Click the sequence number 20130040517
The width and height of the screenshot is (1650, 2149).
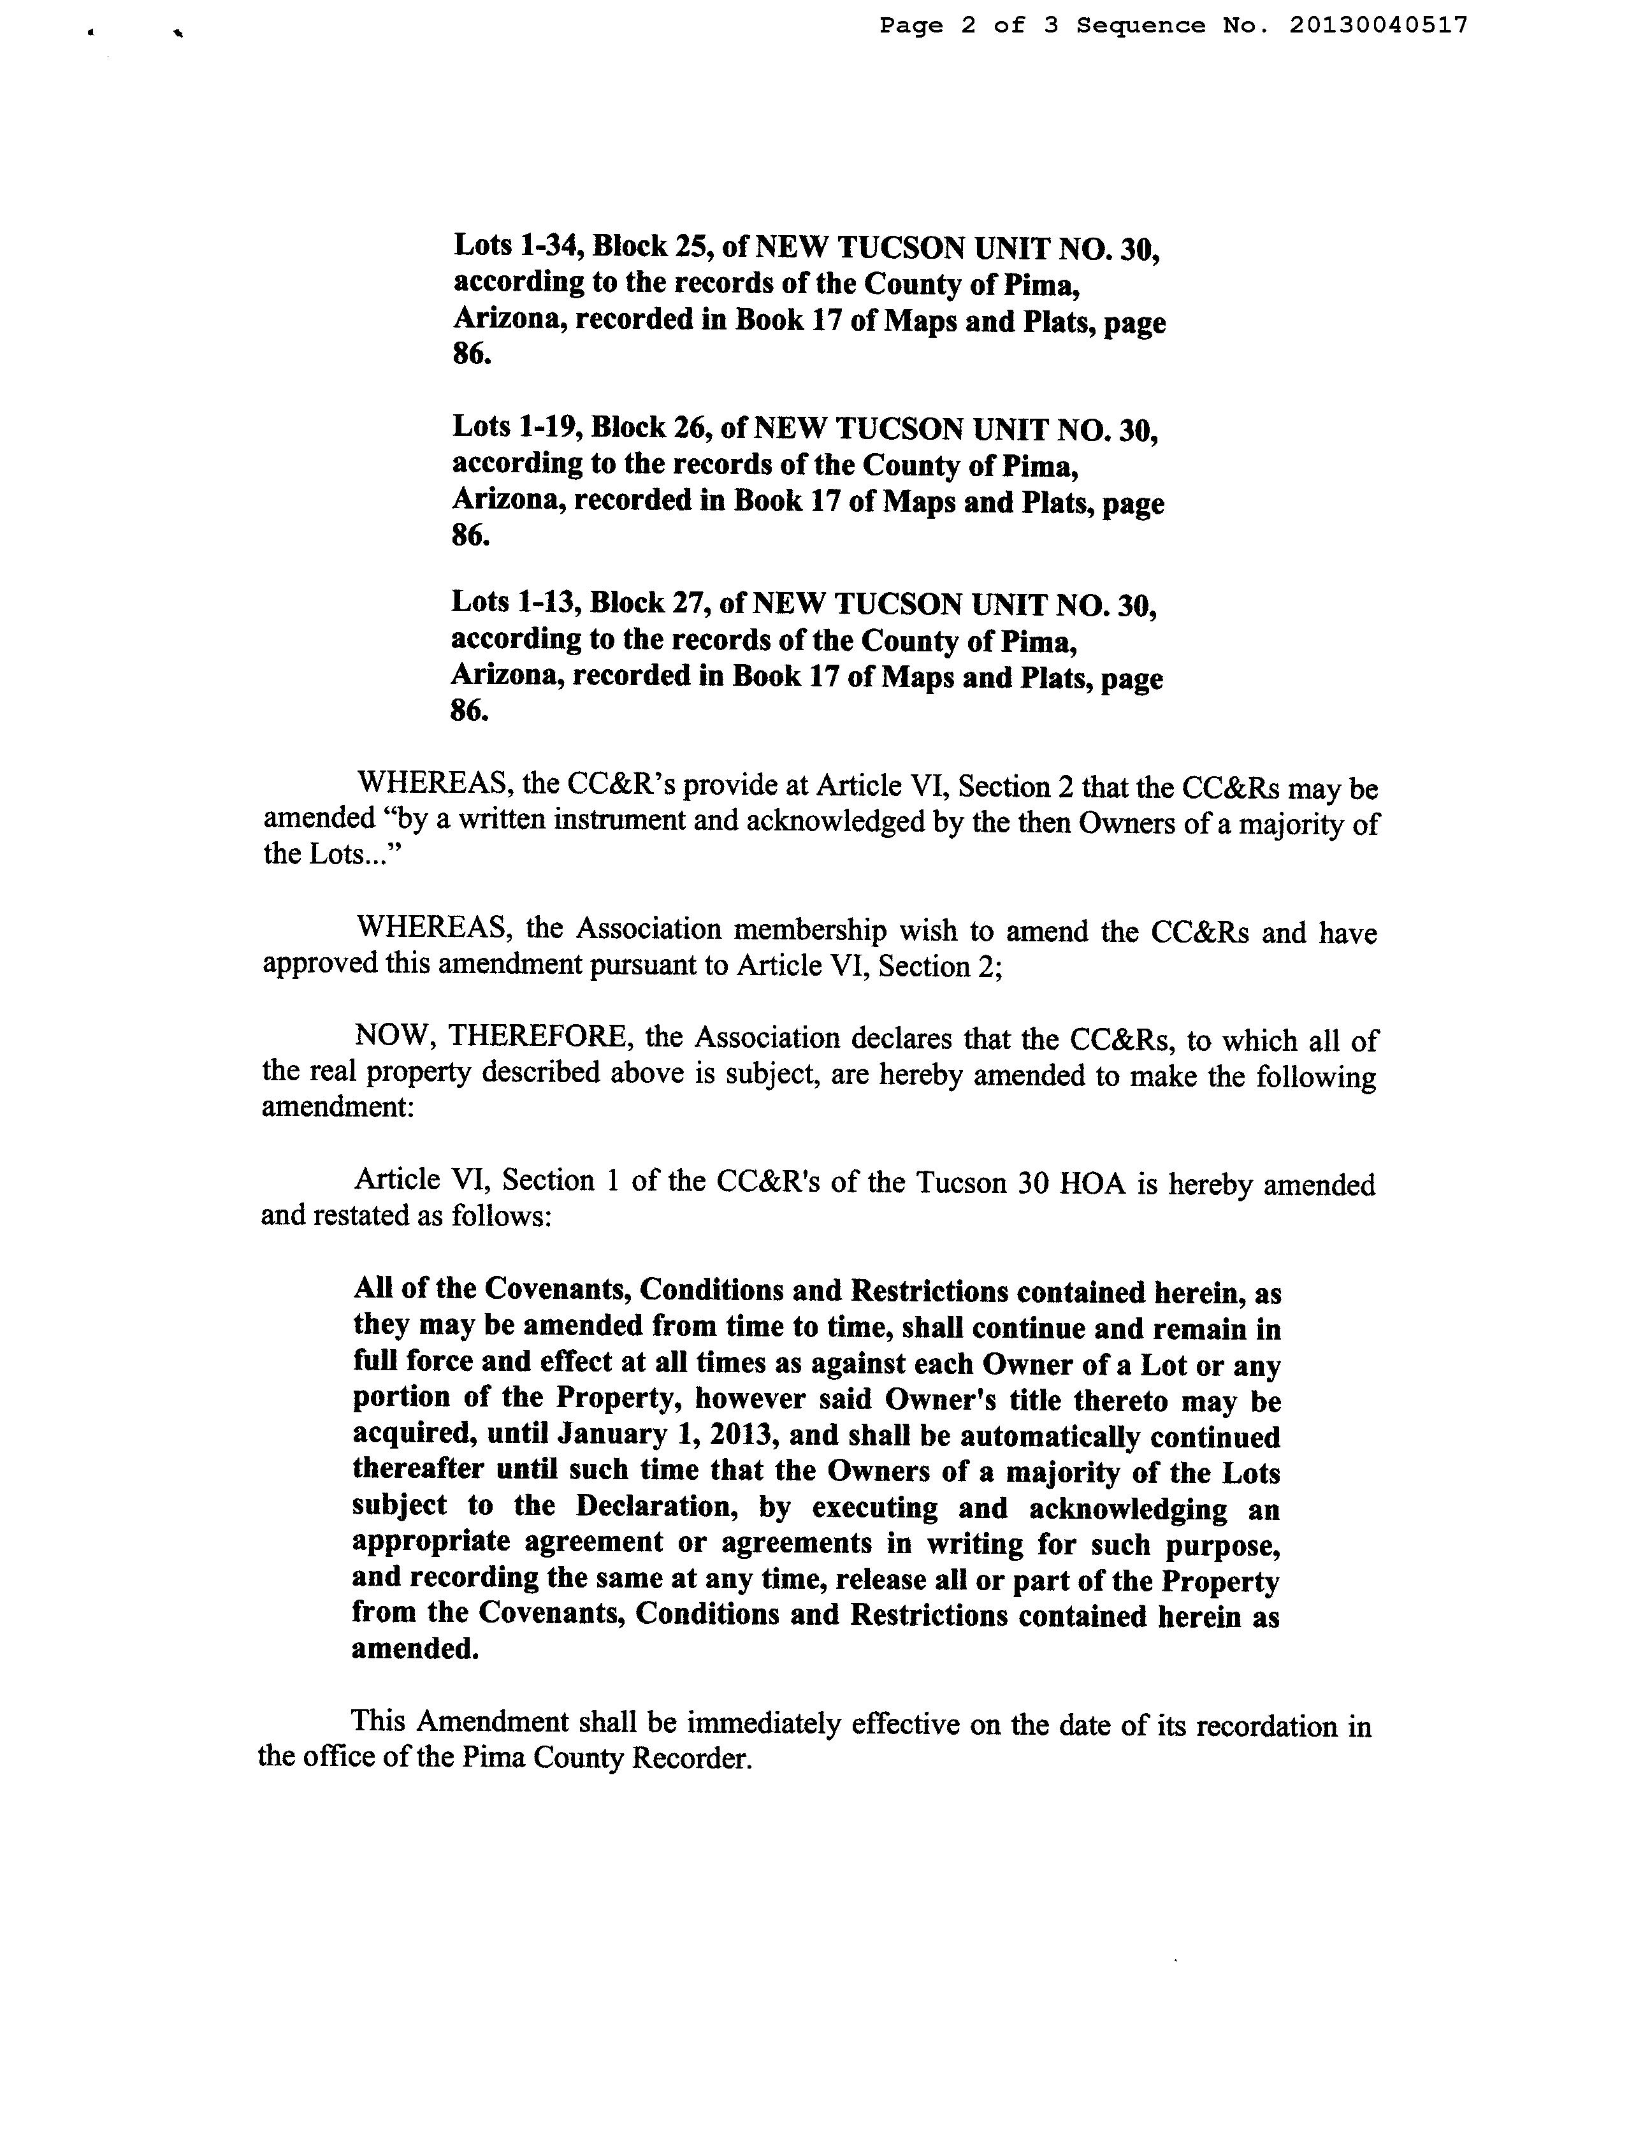click(x=1378, y=25)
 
